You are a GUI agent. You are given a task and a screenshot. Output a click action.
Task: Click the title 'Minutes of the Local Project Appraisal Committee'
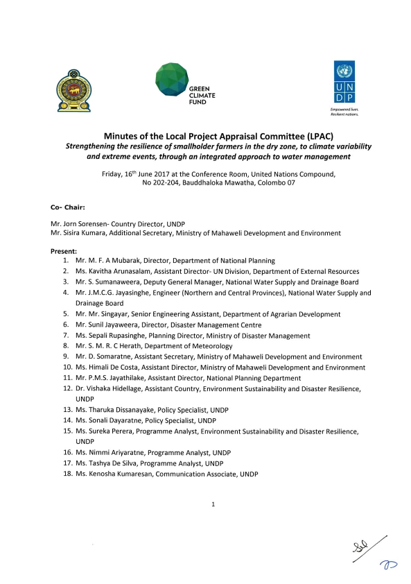(x=205, y=136)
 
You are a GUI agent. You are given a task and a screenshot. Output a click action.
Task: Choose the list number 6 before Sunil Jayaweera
(x=65, y=324)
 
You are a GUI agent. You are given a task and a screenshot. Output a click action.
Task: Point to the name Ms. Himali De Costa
(x=113, y=367)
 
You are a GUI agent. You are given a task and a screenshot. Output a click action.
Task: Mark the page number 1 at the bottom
(x=213, y=504)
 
